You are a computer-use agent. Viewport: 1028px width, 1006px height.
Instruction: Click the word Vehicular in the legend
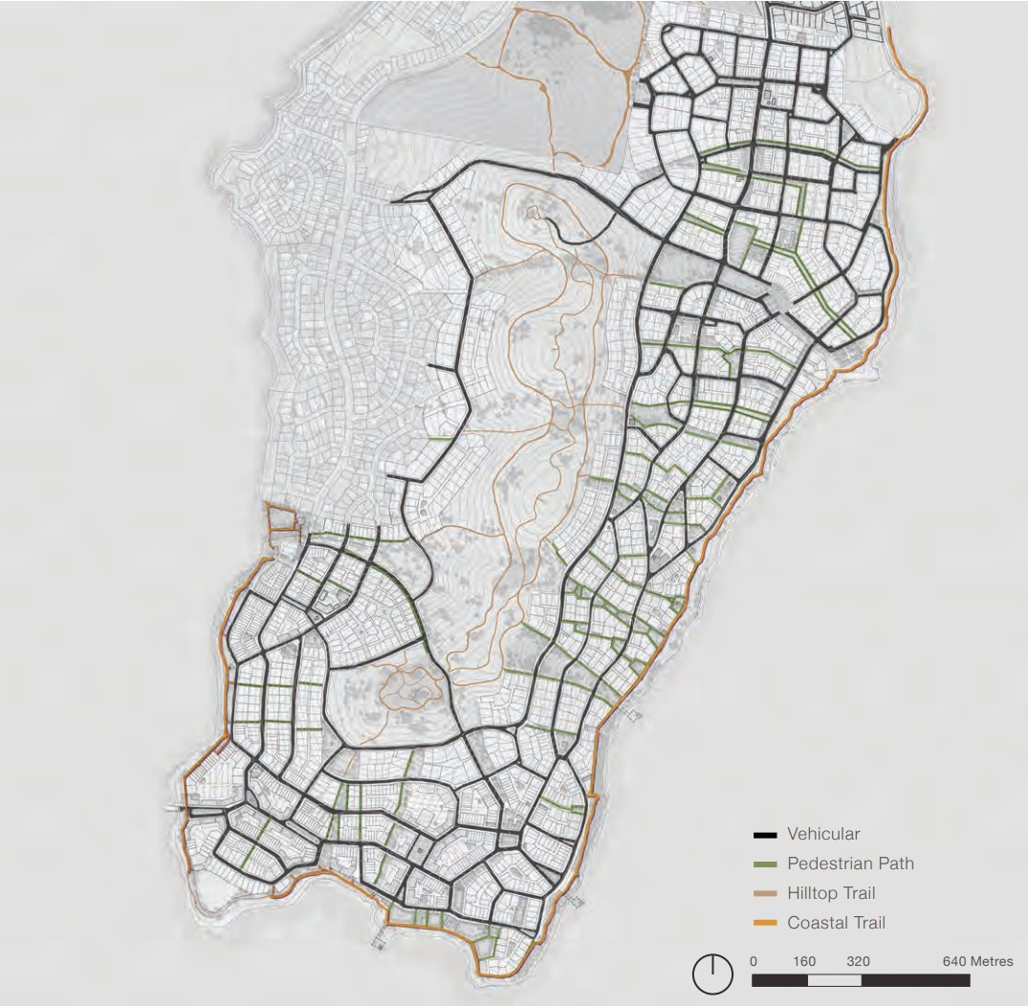coord(823,834)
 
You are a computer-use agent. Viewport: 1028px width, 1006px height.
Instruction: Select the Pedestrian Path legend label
coord(850,864)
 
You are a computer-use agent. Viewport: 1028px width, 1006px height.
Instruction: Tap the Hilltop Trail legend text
coord(830,893)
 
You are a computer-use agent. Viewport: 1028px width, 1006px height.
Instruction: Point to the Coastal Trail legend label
coord(836,923)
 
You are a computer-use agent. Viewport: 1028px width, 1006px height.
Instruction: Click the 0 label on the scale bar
coord(754,961)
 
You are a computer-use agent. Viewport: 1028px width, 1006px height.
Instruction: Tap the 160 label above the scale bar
coord(804,961)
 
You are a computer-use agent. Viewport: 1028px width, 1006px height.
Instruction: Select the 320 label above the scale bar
coord(858,961)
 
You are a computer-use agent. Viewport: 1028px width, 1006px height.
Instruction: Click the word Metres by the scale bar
coord(991,961)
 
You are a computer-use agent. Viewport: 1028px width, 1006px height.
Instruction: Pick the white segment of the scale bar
coord(834,980)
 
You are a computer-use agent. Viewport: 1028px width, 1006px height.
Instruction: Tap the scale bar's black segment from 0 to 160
coord(779,980)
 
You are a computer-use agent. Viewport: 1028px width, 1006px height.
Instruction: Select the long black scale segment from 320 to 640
coord(915,980)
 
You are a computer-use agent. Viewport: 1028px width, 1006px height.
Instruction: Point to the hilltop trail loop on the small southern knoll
coord(409,688)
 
